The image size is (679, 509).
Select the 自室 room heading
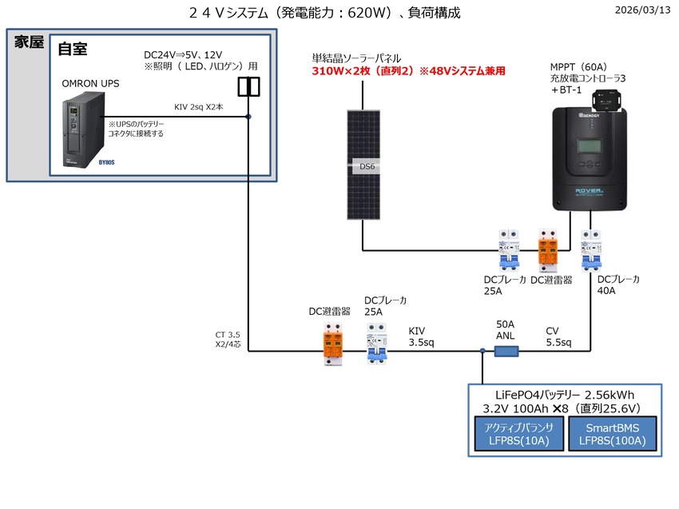tap(72, 50)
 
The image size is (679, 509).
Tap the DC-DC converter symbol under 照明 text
tap(250, 85)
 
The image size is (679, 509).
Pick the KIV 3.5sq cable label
tap(423, 336)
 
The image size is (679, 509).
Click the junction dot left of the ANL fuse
tap(483, 350)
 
